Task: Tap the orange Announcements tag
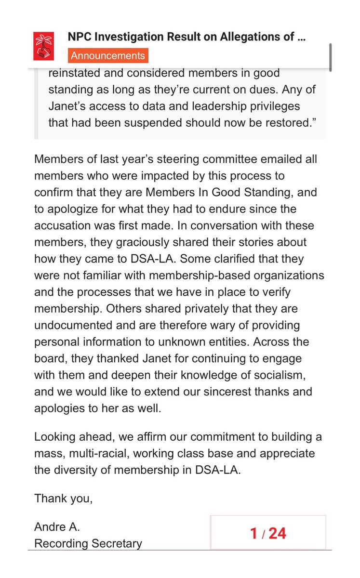(108, 55)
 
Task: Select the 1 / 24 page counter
(268, 533)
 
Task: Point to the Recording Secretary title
(88, 544)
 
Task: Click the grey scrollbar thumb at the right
(330, 57)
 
